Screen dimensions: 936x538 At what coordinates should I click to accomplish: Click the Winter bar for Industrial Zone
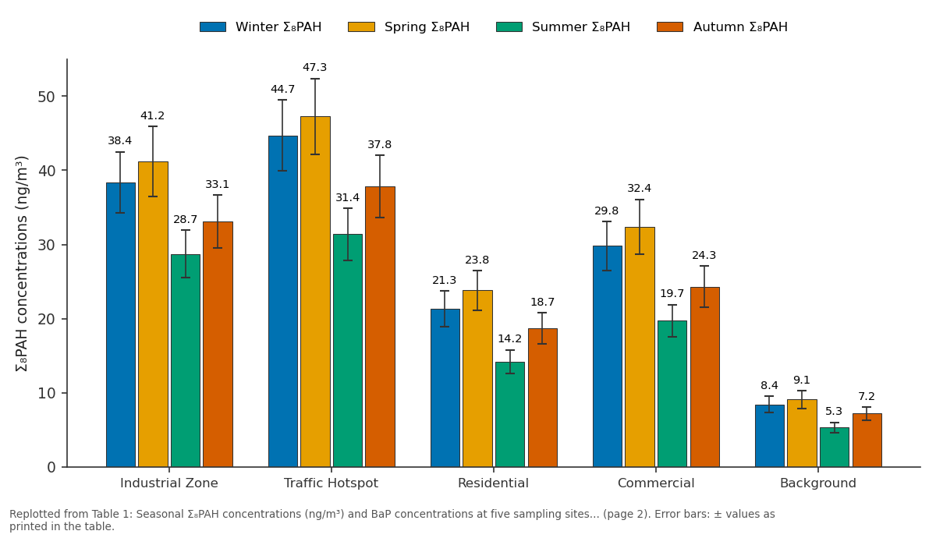click(121, 324)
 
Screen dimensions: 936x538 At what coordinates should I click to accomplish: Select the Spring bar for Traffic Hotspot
click(315, 292)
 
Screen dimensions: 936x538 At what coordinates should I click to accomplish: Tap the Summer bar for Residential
click(510, 414)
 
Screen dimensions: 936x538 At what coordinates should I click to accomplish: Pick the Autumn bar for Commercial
click(705, 377)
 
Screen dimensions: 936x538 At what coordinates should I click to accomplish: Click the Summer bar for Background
click(835, 448)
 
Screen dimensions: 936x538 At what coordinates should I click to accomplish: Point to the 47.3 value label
click(314, 67)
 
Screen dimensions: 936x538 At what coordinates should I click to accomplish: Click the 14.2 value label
click(509, 338)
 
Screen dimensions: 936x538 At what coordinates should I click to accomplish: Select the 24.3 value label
click(704, 255)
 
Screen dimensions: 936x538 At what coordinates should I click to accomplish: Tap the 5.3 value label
click(834, 411)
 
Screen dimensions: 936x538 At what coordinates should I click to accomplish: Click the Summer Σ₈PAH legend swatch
click(509, 27)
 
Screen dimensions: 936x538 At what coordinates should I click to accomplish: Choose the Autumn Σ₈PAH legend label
click(740, 27)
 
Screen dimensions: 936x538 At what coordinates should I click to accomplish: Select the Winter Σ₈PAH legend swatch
click(213, 27)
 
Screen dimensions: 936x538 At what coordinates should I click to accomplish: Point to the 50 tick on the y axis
click(46, 97)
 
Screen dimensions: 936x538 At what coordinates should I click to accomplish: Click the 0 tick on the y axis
click(51, 467)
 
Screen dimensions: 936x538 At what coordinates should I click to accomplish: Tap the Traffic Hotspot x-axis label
click(331, 483)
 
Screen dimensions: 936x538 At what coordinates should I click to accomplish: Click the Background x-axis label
click(818, 483)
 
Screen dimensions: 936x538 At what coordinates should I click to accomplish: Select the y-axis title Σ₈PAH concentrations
click(21, 264)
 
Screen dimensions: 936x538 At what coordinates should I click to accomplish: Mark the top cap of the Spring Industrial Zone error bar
click(153, 126)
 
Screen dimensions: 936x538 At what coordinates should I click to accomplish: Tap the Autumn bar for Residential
click(543, 398)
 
